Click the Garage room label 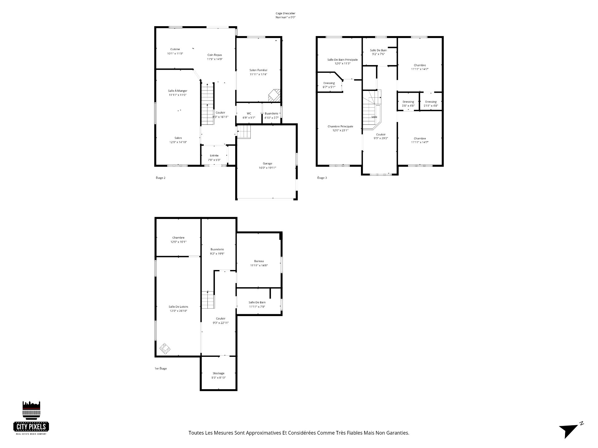pyautogui.click(x=267, y=164)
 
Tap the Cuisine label pyautogui.click(x=175, y=49)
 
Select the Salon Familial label pyautogui.click(x=258, y=70)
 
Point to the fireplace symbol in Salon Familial pyautogui.click(x=274, y=95)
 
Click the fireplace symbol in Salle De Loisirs pyautogui.click(x=165, y=349)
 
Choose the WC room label pyautogui.click(x=249, y=114)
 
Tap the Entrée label pyautogui.click(x=214, y=156)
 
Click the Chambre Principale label pyautogui.click(x=340, y=127)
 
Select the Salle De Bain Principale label pyautogui.click(x=342, y=60)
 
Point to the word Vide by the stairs pyautogui.click(x=374, y=117)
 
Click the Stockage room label pyautogui.click(x=218, y=373)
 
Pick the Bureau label pyautogui.click(x=259, y=261)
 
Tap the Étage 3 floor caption pyautogui.click(x=322, y=178)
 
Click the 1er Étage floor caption pyautogui.click(x=161, y=369)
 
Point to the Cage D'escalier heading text pyautogui.click(x=283, y=13)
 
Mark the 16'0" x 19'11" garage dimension pyautogui.click(x=267, y=168)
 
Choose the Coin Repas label pyautogui.click(x=215, y=55)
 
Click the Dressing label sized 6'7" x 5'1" pyautogui.click(x=329, y=83)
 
